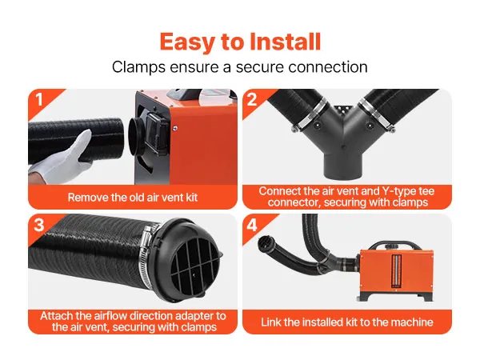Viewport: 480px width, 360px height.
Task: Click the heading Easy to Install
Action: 240,42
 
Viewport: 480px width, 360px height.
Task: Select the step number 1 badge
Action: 39,100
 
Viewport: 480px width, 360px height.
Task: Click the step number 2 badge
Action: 252,100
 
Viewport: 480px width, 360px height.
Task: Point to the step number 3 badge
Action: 39,225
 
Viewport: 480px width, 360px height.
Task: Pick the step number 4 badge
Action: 252,226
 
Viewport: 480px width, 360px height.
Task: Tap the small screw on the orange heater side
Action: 174,128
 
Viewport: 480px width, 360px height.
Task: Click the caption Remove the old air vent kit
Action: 133,198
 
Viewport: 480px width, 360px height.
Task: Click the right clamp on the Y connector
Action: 376,114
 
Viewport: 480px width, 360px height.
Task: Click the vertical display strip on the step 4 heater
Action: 397,271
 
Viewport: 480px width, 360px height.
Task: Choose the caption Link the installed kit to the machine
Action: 347,322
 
